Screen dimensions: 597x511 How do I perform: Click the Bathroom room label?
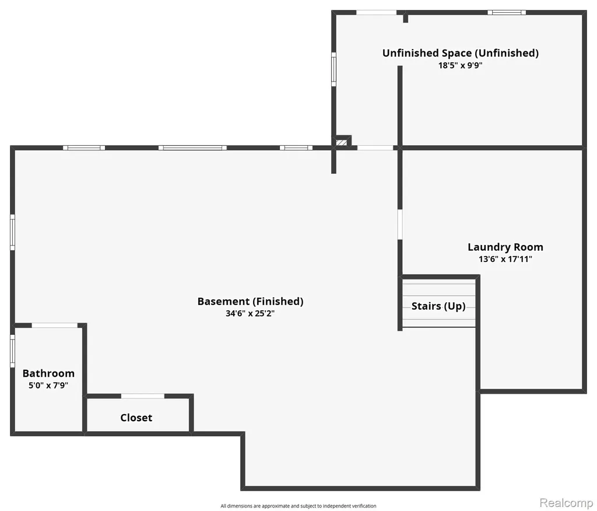click(x=48, y=373)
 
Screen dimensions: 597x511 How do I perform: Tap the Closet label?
click(x=136, y=418)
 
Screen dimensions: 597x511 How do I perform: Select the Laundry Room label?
click(x=505, y=247)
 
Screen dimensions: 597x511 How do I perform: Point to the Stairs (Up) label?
click(x=438, y=306)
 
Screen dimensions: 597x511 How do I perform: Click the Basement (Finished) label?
click(x=250, y=302)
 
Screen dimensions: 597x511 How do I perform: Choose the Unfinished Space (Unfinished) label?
click(x=461, y=53)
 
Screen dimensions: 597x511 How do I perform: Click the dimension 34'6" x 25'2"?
click(x=250, y=314)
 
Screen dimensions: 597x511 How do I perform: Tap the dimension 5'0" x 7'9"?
click(x=48, y=385)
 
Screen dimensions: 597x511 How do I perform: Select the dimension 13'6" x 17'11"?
click(x=505, y=259)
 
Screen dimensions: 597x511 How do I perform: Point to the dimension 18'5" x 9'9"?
click(x=461, y=65)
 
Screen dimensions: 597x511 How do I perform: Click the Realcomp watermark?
click(x=566, y=503)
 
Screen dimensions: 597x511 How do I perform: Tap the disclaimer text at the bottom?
click(x=298, y=506)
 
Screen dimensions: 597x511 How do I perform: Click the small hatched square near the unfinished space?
click(x=342, y=142)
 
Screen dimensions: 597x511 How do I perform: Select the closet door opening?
click(x=142, y=396)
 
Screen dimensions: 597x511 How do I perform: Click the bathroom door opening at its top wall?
click(x=54, y=325)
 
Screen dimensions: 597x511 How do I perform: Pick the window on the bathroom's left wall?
click(x=13, y=351)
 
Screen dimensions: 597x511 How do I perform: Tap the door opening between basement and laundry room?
click(x=400, y=224)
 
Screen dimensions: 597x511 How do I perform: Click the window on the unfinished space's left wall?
click(x=333, y=69)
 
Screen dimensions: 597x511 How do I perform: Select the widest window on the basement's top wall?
click(x=192, y=148)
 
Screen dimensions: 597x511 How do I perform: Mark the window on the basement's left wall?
click(x=13, y=232)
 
